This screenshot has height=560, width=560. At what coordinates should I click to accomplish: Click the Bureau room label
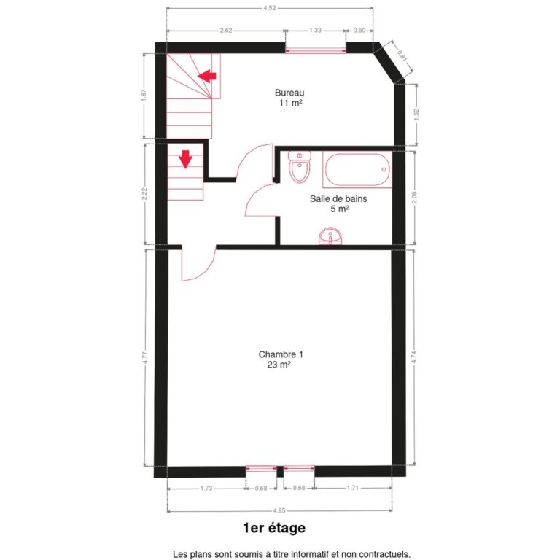289,93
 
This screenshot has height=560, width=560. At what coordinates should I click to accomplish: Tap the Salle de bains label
338,198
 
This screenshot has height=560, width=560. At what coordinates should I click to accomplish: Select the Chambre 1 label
281,354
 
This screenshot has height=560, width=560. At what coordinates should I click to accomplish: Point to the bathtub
357,170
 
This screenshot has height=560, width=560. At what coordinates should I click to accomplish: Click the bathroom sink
331,237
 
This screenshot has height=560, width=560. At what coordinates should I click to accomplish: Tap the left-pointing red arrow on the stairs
208,74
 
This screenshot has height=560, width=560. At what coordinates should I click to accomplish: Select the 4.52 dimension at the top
269,9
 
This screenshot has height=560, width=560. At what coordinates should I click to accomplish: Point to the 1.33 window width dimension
315,31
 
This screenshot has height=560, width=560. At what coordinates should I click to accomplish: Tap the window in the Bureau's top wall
315,50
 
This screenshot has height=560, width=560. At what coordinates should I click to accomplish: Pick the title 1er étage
274,527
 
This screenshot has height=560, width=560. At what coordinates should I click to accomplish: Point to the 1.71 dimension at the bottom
351,488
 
